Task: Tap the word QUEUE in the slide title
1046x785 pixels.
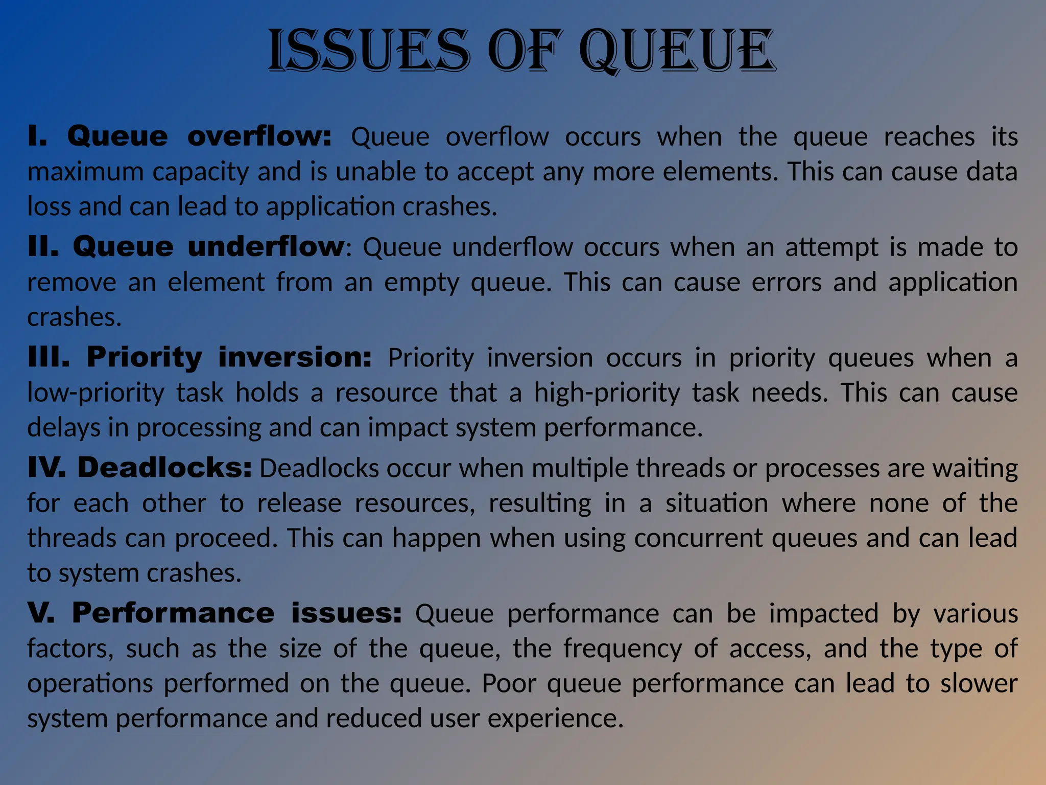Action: point(677,51)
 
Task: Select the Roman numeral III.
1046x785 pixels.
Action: point(49,357)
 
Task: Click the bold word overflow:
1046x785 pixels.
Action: point(259,136)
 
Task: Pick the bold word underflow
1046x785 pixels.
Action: point(266,246)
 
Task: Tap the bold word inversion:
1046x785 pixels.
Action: point(295,357)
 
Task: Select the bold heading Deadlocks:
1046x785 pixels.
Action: point(164,467)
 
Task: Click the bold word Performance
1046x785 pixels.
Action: point(173,612)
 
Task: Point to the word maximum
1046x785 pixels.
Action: point(85,172)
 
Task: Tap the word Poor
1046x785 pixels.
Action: point(509,683)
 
